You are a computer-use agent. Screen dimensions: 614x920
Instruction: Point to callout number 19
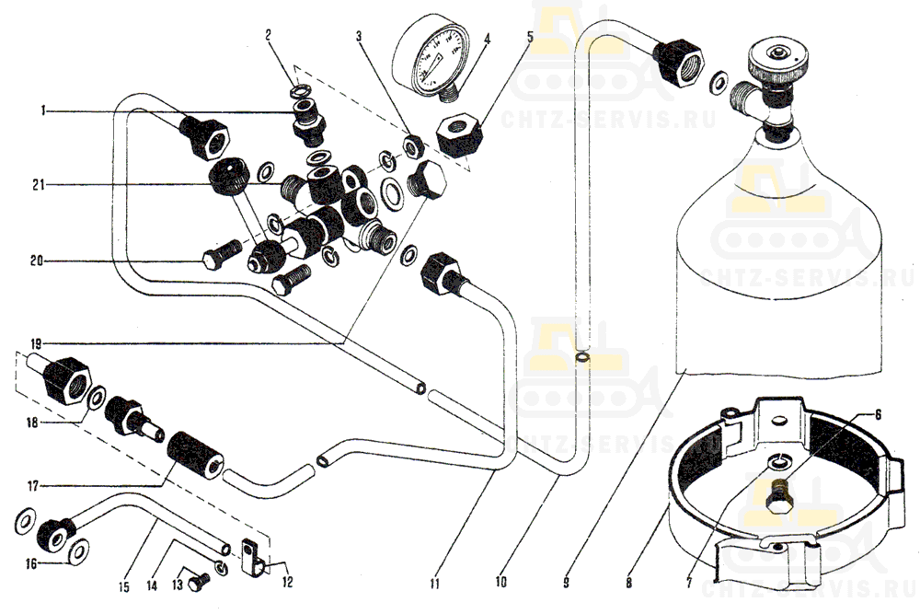(x=36, y=342)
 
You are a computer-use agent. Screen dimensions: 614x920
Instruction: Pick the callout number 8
(x=628, y=583)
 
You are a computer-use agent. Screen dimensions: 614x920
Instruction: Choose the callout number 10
(x=500, y=583)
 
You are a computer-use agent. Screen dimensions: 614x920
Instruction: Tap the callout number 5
(x=530, y=38)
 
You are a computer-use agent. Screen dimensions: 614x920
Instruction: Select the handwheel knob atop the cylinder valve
(x=778, y=61)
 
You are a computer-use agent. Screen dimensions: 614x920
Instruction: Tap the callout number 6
(x=877, y=416)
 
